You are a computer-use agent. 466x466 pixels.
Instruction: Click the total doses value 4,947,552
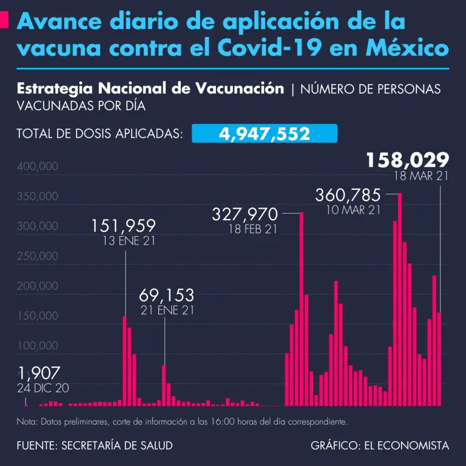[x=264, y=133]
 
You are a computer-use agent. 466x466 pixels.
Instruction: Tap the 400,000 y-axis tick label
[x=38, y=167]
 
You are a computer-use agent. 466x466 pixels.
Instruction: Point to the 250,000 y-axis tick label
[x=38, y=257]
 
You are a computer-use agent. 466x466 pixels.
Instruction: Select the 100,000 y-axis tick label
[x=38, y=346]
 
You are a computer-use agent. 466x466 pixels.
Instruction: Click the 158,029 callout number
[x=407, y=160]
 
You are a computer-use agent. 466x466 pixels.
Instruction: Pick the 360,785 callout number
[x=348, y=195]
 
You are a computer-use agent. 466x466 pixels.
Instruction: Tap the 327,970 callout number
[x=245, y=215]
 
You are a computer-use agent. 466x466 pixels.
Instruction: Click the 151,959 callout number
[x=124, y=226]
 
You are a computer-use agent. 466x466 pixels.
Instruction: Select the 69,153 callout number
[x=166, y=296]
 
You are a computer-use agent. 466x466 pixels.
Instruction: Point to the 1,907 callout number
[x=39, y=373]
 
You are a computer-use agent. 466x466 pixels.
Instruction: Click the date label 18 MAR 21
[x=420, y=177]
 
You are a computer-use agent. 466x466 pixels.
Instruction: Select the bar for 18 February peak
[x=302, y=309]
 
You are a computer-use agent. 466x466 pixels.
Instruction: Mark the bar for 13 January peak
[x=124, y=361]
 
